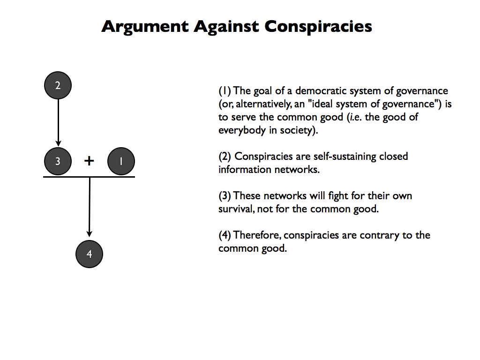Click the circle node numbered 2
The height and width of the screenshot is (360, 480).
click(58, 85)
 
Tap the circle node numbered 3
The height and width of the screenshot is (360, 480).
click(58, 161)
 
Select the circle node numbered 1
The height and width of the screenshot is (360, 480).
click(121, 161)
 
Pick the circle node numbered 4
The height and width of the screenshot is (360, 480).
click(89, 254)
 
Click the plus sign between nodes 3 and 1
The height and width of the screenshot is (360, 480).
click(89, 161)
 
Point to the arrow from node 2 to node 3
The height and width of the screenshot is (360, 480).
click(58, 122)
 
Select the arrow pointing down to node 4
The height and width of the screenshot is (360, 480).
click(90, 206)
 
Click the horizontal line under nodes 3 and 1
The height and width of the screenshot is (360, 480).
click(89, 177)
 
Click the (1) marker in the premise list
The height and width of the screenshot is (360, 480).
click(225, 91)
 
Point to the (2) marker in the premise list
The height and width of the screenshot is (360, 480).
click(225, 156)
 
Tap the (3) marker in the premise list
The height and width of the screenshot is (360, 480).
click(225, 195)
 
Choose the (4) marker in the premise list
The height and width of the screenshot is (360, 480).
click(225, 235)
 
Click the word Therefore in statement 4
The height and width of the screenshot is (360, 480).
click(257, 235)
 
